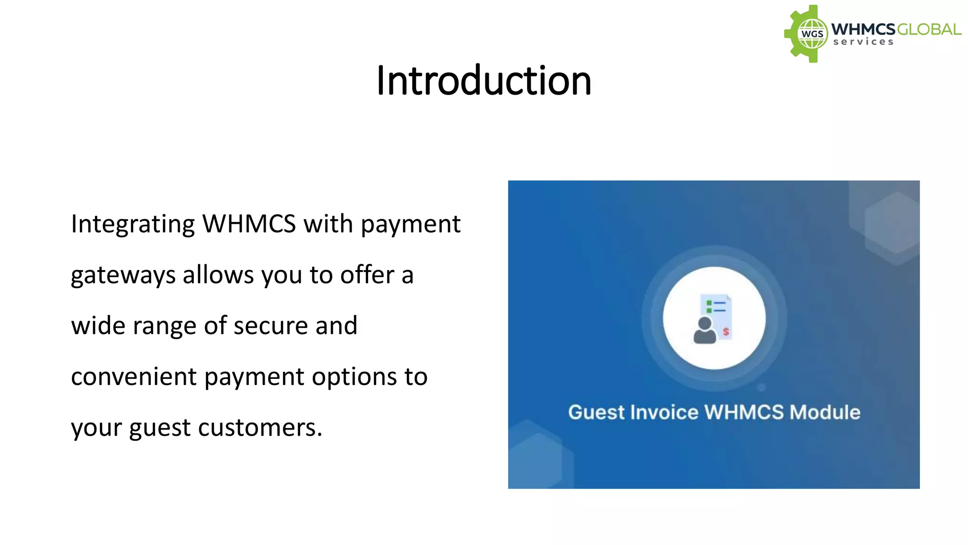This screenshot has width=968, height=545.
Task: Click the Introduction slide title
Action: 484,81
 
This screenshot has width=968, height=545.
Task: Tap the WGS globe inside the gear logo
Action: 812,34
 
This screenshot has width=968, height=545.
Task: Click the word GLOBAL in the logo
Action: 928,30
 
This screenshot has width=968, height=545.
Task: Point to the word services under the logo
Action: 863,42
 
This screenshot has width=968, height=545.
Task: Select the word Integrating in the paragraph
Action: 132,225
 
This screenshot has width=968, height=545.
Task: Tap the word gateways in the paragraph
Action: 123,276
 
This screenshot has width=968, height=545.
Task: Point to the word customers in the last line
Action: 260,428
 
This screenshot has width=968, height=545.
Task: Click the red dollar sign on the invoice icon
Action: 726,332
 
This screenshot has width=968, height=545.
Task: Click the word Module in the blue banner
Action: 825,413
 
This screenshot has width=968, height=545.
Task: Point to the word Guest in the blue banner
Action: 596,413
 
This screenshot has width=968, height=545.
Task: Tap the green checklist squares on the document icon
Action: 709,307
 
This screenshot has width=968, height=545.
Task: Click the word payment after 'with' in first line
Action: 410,225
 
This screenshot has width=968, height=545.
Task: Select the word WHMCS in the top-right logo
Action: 863,29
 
